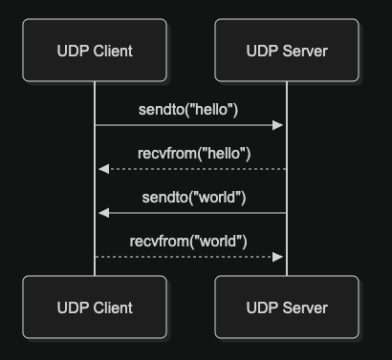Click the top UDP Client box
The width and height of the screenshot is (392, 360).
click(94, 51)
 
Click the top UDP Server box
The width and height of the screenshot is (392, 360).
click(287, 51)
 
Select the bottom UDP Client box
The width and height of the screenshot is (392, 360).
click(94, 307)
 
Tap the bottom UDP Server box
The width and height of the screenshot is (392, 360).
click(287, 307)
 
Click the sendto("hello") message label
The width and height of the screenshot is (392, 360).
click(189, 109)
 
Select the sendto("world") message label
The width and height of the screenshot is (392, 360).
click(194, 197)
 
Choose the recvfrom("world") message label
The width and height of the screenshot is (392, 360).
click(188, 241)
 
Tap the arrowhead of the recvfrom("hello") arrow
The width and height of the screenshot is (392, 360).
click(102, 169)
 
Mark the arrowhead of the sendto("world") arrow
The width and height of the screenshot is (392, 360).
click(102, 213)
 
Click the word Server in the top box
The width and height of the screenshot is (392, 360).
click(303, 51)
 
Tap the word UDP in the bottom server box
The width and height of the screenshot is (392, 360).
click(261, 307)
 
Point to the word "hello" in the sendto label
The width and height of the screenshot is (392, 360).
click(211, 109)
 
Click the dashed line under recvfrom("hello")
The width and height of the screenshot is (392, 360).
click(191, 169)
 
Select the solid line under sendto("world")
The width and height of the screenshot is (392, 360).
click(191, 213)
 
